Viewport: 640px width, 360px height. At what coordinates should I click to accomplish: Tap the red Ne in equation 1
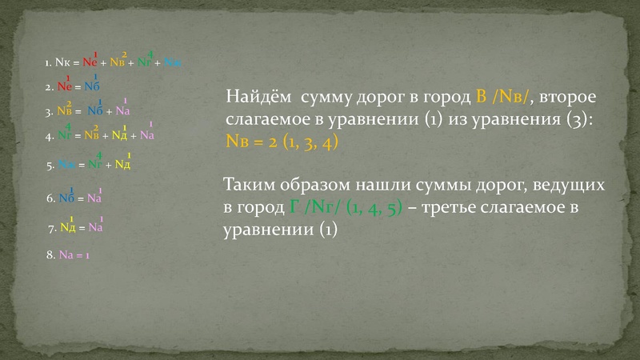click(90, 62)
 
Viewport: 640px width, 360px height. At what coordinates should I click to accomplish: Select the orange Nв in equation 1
click(118, 62)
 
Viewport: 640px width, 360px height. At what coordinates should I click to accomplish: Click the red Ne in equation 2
click(65, 86)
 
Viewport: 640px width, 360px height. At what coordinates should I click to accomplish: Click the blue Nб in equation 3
click(95, 111)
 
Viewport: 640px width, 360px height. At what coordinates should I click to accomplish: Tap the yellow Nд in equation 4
click(119, 136)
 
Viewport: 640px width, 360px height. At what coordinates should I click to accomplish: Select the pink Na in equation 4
click(146, 136)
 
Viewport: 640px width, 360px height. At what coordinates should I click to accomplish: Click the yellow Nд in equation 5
click(122, 166)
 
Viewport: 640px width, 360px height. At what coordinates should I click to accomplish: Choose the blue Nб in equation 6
click(66, 198)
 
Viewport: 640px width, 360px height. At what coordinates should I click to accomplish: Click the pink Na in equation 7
click(96, 228)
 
